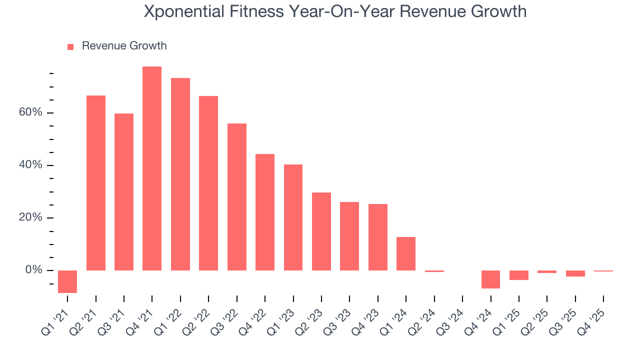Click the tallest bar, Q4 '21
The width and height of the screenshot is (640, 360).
coord(152,168)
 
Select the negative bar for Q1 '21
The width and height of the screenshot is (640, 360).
coord(67,281)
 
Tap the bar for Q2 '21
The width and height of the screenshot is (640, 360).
coord(96,183)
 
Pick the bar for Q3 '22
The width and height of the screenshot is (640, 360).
coord(236,197)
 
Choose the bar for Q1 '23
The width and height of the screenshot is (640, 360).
coord(293,217)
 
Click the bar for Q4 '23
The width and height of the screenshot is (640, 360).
coord(377,237)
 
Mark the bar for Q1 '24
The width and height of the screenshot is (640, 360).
coord(406,253)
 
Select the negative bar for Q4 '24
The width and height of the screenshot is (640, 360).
coord(490,279)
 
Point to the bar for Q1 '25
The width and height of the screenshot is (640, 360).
coord(518,275)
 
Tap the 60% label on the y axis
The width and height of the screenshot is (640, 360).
coord(30,112)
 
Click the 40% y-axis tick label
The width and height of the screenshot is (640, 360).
coord(30,165)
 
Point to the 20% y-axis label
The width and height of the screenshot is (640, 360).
coord(30,217)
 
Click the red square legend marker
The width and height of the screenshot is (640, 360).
coord(70,46)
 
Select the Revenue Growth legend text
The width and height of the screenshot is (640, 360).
coord(124,46)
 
